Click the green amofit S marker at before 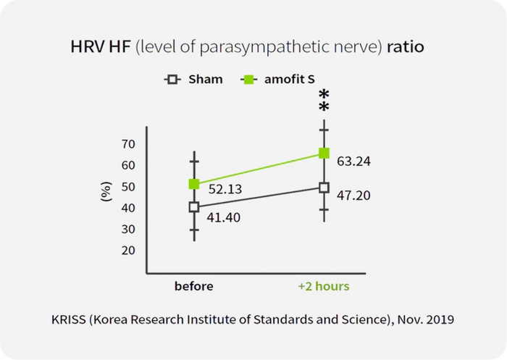[194, 184]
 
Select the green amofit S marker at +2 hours [324, 153]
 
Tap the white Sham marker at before [194, 207]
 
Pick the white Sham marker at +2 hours [324, 188]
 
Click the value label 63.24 [354, 162]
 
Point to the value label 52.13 [225, 190]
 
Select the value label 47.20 [354, 195]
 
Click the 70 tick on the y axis [128, 144]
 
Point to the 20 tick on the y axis [128, 251]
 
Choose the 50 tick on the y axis [128, 187]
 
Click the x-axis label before [194, 286]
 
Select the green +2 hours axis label [324, 286]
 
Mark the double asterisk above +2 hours [324, 101]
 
